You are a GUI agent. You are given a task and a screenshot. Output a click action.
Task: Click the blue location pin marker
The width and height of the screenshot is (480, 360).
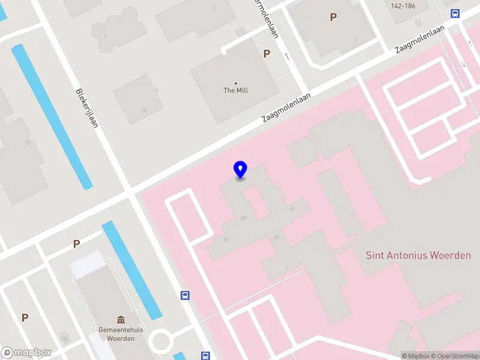coord(240,170)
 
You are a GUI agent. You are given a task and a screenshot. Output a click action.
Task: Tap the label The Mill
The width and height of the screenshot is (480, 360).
coord(236,91)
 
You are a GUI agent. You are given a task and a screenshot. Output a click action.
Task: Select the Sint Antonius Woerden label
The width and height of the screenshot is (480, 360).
coord(418,255)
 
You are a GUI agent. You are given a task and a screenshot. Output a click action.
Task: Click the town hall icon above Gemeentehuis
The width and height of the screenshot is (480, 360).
coord(121,319)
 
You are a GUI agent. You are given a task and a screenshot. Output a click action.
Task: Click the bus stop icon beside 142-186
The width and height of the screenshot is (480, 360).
coord(455,13)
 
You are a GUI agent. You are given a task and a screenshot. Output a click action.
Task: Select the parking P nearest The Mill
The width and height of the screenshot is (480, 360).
coord(266,53)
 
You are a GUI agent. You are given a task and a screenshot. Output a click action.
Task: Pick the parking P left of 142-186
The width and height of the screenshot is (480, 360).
coord(333,17)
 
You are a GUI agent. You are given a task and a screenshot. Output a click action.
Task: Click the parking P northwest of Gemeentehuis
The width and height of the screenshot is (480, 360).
coord(76,244)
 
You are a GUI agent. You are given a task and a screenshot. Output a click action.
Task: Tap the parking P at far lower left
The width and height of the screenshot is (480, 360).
coord(25,317)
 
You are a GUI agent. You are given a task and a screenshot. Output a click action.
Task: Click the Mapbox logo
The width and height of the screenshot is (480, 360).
coord(26,353)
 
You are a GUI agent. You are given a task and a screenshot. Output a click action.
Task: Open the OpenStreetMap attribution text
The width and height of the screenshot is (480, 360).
coord(457,356)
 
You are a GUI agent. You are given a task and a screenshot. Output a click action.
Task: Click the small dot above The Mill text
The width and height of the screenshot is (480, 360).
coord(236,83)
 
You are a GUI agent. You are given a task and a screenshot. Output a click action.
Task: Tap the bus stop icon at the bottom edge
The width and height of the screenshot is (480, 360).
coord(205,355)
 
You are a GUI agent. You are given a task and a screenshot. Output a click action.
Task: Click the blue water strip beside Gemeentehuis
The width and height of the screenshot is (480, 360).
coord(132,270)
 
